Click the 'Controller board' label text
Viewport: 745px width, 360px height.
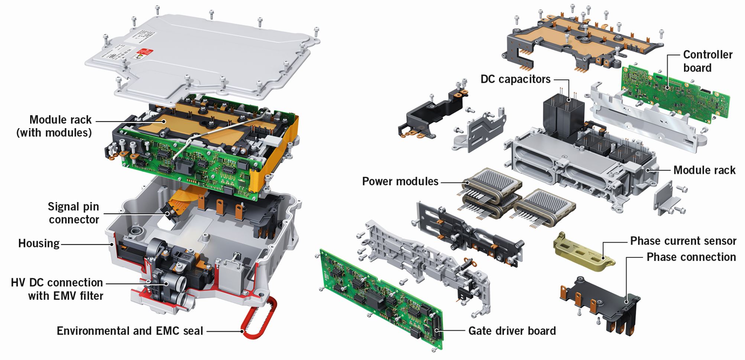[x=707, y=61]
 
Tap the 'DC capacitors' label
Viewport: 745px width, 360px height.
[x=515, y=79]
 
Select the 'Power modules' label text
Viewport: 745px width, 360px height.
[x=400, y=181]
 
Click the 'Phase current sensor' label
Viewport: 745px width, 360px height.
[x=683, y=241]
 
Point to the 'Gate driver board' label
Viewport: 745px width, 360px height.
[x=512, y=331]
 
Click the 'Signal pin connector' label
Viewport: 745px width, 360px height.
[x=74, y=213]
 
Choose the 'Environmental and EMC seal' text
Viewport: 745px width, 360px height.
[x=130, y=331]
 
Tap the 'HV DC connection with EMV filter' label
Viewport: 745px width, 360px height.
[x=57, y=289]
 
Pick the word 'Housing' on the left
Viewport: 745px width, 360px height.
[x=39, y=244]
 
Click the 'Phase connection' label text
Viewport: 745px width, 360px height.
[x=691, y=257]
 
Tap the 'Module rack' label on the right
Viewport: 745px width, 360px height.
[x=704, y=170]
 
